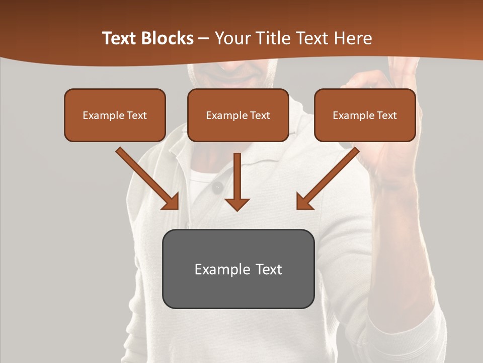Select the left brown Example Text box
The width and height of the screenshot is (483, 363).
tap(115, 115)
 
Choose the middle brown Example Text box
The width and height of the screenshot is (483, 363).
tap(238, 115)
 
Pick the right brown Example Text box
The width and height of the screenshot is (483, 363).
tap(365, 115)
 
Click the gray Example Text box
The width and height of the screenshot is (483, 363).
tap(238, 269)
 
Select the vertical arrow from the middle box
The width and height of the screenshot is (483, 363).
tap(237, 179)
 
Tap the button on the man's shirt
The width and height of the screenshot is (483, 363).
tap(218, 188)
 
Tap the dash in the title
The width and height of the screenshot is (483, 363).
tap(204, 39)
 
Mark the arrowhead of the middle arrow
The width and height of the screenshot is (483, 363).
tap(237, 204)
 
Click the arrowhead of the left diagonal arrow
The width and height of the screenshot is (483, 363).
tap(171, 201)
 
